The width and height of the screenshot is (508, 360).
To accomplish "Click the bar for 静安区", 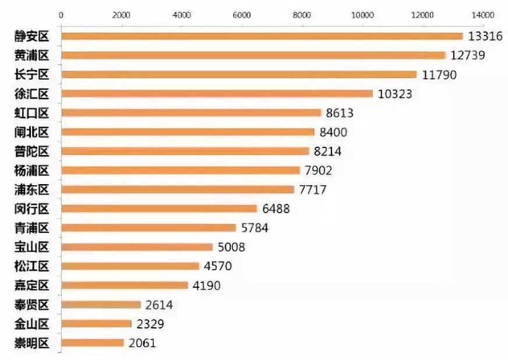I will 262,36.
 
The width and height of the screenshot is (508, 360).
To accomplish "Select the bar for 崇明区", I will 93,343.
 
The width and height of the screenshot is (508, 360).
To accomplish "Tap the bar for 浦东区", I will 178,189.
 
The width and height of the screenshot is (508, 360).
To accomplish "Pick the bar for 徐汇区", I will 217,94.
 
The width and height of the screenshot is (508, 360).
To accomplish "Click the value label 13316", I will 485,36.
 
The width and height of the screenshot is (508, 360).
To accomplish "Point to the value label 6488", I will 276,209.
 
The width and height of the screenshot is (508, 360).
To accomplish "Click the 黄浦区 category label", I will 32,55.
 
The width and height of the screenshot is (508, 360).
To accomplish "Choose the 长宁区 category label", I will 32,75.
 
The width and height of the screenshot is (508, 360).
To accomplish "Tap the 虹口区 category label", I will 32,113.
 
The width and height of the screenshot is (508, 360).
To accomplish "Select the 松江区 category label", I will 32,266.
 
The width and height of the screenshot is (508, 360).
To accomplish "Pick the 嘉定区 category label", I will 32,285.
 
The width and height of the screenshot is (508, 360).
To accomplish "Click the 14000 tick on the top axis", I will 482,14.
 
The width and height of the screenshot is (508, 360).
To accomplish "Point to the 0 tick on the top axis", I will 61,14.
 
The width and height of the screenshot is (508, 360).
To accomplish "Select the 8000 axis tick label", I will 302,14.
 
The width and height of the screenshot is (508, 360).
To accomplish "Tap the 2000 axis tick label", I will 121,14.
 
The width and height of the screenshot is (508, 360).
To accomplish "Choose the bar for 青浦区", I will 149,228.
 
